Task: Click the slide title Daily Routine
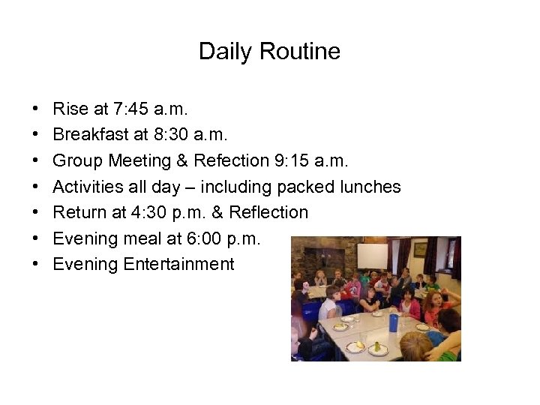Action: point(269,52)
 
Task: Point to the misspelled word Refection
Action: point(230,160)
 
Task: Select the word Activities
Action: point(85,187)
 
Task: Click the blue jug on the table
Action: point(393,322)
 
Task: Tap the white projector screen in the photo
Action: point(372,256)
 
